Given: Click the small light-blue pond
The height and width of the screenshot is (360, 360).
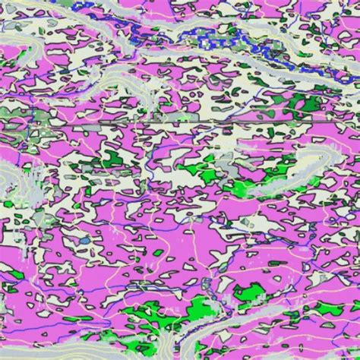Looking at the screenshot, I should [x=85, y=241].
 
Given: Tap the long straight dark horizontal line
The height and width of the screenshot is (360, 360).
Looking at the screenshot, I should [x=228, y=121].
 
